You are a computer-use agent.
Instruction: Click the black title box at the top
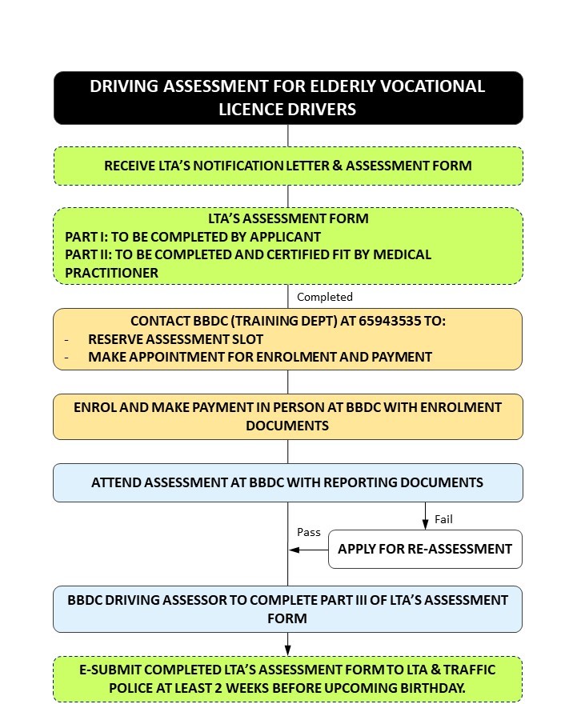(287, 98)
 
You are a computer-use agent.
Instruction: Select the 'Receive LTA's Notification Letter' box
(287, 166)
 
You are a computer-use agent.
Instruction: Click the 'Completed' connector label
(324, 297)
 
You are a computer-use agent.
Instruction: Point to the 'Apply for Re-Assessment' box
(425, 549)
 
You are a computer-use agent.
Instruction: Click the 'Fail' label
(443, 519)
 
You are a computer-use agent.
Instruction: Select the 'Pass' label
(309, 532)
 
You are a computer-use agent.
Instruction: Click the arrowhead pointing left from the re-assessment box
(295, 550)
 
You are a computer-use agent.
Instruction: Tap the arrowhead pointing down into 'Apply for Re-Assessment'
(425, 525)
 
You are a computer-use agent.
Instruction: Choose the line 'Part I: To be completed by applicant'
(193, 237)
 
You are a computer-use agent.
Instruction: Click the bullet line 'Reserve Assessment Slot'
(175, 339)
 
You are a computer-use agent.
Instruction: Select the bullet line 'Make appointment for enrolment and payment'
(259, 357)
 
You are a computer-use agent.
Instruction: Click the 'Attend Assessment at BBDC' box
(287, 482)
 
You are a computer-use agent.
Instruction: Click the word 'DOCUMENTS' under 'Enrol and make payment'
(287, 426)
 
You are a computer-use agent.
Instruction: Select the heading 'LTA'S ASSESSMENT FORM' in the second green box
(287, 218)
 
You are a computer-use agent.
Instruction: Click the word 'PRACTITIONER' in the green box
(111, 273)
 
